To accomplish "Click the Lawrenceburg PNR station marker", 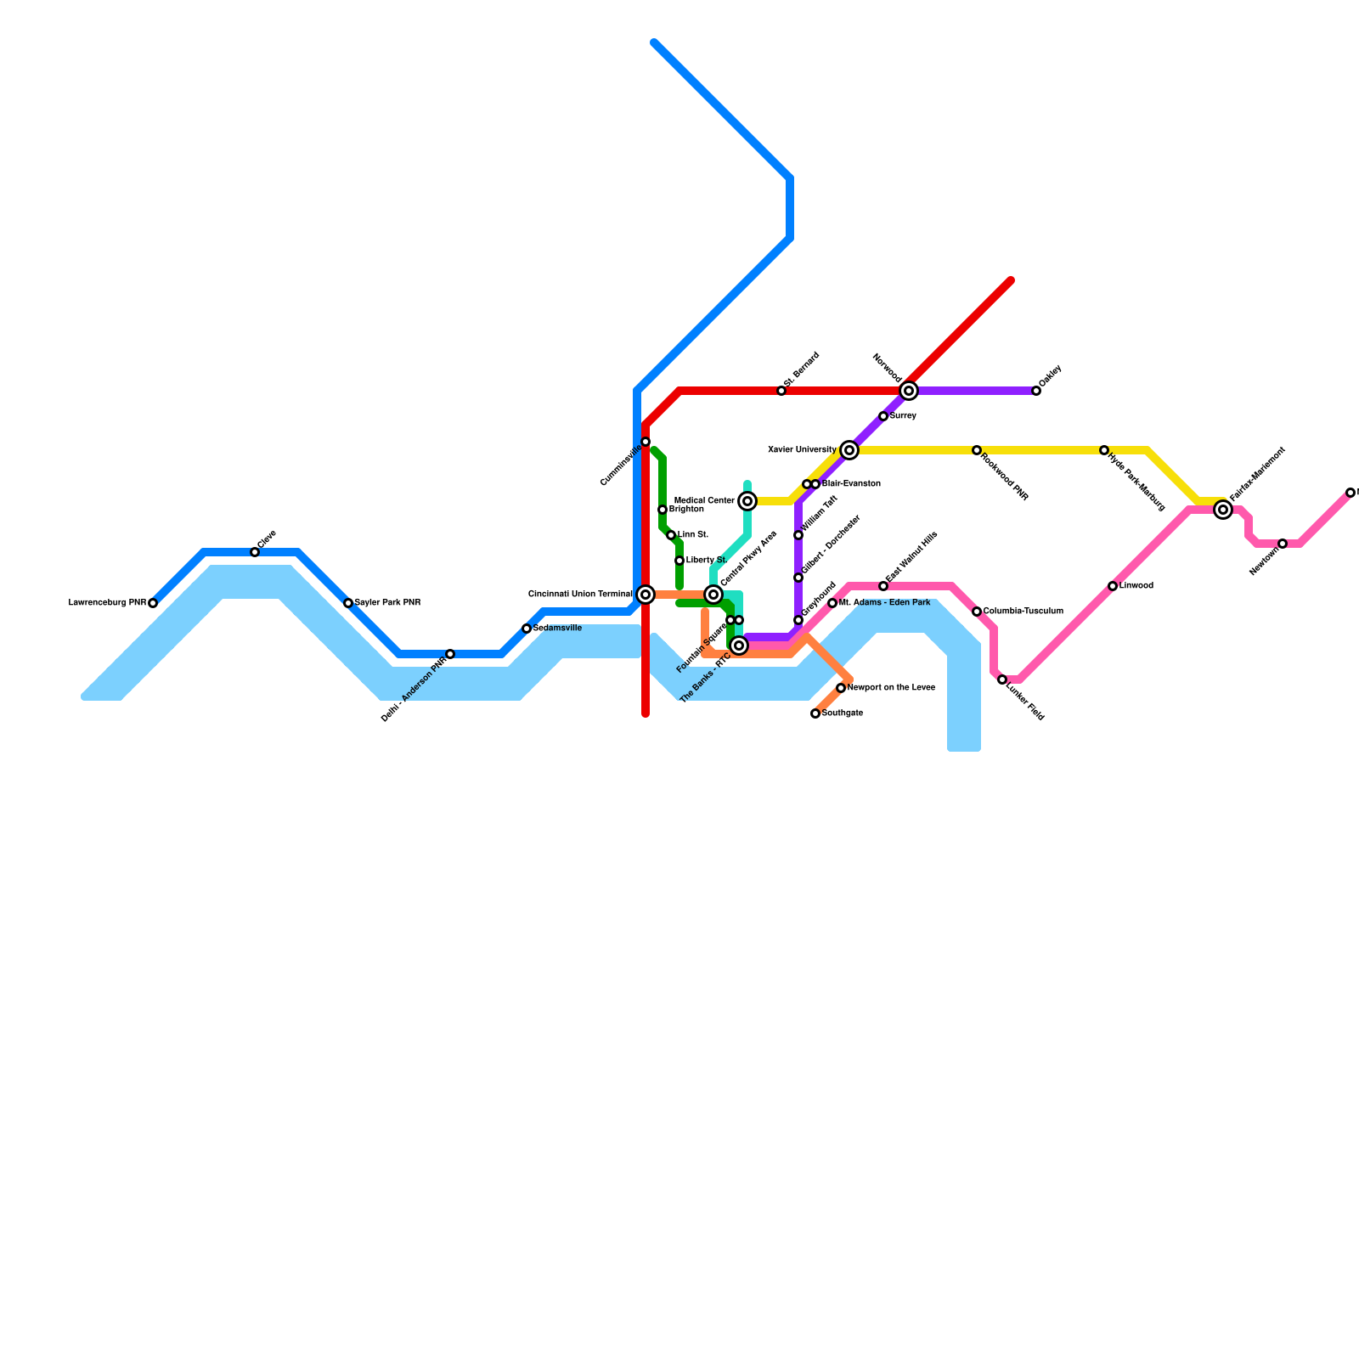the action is pyautogui.click(x=153, y=603).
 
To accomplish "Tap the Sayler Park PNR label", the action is pyautogui.click(x=387, y=603).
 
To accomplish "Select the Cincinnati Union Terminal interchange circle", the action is pyautogui.click(x=646, y=595).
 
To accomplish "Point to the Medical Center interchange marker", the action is pyautogui.click(x=747, y=501).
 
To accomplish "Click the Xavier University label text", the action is pyautogui.click(x=802, y=450).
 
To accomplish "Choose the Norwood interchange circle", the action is pyautogui.click(x=909, y=391).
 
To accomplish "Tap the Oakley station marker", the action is pyautogui.click(x=1036, y=391).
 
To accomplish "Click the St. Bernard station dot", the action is pyautogui.click(x=781, y=391).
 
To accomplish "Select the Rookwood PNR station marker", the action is pyautogui.click(x=977, y=450).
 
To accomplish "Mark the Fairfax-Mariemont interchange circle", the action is pyautogui.click(x=1223, y=510).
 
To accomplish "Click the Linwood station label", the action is pyautogui.click(x=1136, y=586).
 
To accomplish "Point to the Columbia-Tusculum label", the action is pyautogui.click(x=1023, y=612).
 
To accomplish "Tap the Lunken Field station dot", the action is pyautogui.click(x=1002, y=679).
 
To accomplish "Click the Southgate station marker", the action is pyautogui.click(x=815, y=713).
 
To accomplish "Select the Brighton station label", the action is pyautogui.click(x=685, y=510).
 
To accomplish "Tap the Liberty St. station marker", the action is pyautogui.click(x=679, y=561).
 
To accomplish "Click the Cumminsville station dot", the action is pyautogui.click(x=646, y=442).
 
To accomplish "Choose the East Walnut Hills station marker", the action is pyautogui.click(x=883, y=586).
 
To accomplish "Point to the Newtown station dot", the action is pyautogui.click(x=1283, y=544).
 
